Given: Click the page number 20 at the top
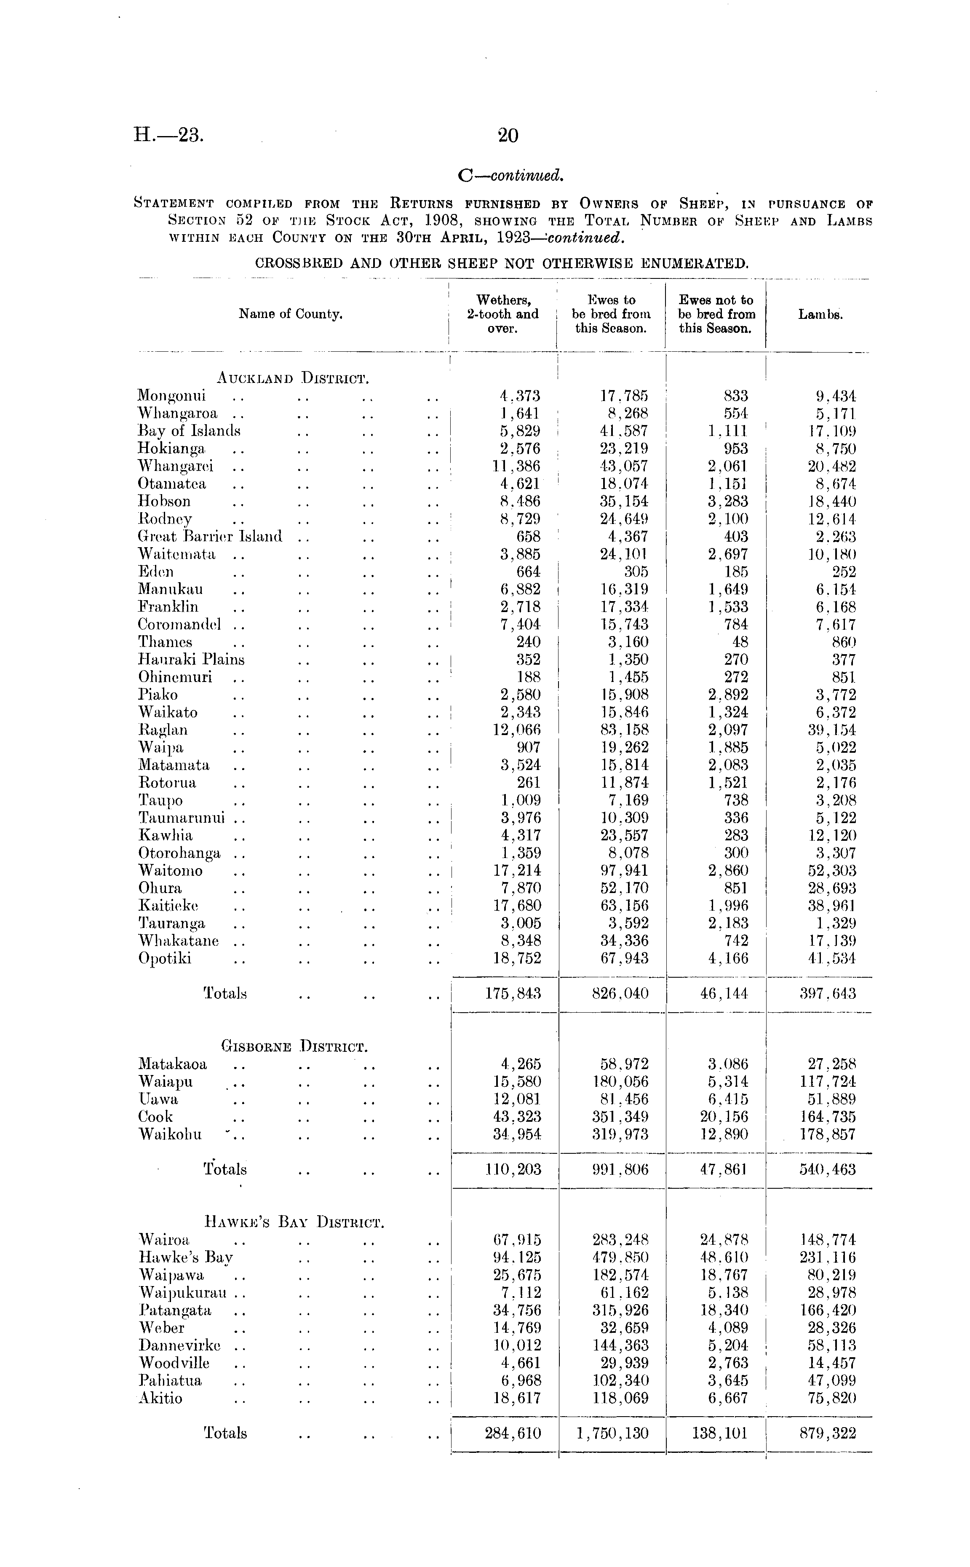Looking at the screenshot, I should pos(508,135).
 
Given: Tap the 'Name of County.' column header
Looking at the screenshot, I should pos(291,314).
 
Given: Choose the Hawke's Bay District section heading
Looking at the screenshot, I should pos(294,1222).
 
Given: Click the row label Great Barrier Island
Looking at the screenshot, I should pos(210,536).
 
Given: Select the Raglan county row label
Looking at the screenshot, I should pos(163,730).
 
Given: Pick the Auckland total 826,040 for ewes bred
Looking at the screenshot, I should pos(620,994).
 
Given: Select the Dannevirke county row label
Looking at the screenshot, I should pos(179,1345).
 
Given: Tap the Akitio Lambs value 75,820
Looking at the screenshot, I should pos(831,1398).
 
